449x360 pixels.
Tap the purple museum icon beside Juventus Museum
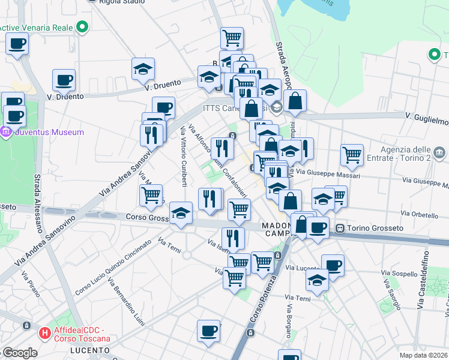(7, 132)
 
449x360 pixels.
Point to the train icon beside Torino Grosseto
(340, 228)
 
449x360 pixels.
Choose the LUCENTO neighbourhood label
(90, 350)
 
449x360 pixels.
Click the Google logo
(20, 353)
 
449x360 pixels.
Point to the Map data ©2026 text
(423, 355)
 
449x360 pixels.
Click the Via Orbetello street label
(420, 214)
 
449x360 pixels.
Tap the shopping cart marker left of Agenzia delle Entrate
(352, 154)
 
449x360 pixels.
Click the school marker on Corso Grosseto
(180, 214)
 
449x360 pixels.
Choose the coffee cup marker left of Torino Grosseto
(318, 227)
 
